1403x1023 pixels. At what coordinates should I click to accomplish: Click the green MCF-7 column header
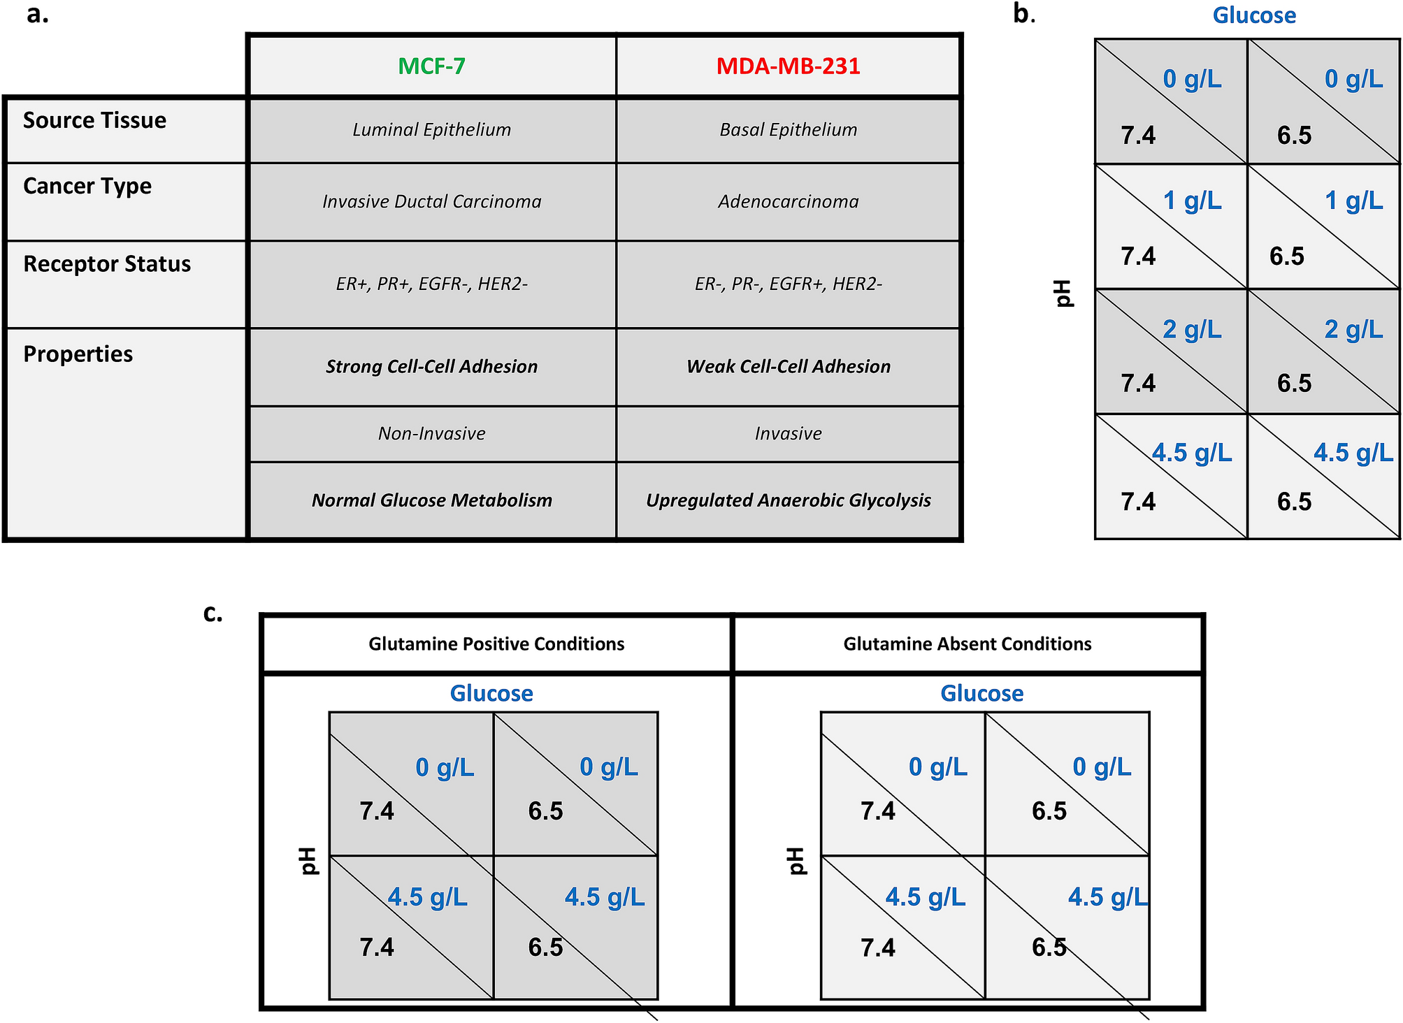click(431, 66)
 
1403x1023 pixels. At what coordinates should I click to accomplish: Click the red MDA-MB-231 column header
click(788, 66)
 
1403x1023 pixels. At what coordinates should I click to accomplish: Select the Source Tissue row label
click(94, 120)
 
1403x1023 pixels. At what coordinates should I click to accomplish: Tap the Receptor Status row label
click(106, 264)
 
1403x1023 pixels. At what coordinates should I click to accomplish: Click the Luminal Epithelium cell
click(431, 130)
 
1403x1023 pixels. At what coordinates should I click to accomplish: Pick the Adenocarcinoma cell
click(788, 202)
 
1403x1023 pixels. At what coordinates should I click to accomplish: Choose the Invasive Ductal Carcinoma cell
click(431, 202)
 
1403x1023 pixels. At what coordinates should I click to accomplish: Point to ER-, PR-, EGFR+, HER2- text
click(788, 284)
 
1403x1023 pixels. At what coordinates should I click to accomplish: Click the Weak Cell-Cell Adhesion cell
click(788, 367)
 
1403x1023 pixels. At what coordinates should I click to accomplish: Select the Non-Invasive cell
click(431, 434)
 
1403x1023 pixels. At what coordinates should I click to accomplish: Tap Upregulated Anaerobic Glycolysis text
click(788, 500)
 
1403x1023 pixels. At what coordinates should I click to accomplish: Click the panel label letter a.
click(37, 14)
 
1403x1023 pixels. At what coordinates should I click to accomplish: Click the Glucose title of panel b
click(1253, 15)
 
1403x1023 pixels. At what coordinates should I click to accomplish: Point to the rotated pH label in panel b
click(1063, 293)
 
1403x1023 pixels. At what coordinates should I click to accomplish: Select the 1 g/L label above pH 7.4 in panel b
click(1192, 201)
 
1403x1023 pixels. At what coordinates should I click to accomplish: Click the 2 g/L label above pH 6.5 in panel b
click(1353, 329)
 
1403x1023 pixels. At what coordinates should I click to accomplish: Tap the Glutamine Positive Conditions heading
click(496, 644)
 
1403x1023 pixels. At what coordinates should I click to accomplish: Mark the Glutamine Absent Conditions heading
click(967, 644)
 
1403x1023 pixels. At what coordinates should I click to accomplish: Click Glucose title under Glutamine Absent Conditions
click(981, 693)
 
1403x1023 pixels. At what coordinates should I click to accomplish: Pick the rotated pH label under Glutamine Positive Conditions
click(308, 861)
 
